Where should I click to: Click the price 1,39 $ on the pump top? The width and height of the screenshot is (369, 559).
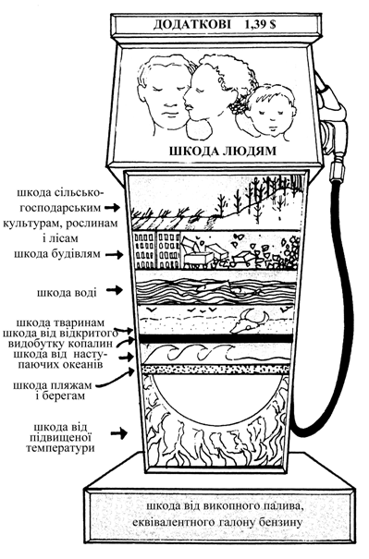click(260, 25)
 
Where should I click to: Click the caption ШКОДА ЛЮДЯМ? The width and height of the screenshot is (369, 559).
click(222, 151)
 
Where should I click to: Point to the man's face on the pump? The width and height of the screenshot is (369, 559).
click(165, 96)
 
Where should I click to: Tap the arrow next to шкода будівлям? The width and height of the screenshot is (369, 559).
click(116, 254)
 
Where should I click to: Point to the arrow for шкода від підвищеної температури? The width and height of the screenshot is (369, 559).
click(118, 433)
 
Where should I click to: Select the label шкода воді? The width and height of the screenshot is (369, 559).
click(67, 292)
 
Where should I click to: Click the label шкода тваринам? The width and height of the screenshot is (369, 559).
click(61, 322)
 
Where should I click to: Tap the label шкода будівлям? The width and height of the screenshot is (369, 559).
click(57, 254)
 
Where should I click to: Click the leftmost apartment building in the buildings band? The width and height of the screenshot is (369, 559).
click(143, 250)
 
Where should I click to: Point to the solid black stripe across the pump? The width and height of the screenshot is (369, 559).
click(216, 338)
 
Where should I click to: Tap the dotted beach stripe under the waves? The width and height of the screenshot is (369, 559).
click(216, 369)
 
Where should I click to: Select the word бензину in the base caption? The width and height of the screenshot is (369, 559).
click(281, 523)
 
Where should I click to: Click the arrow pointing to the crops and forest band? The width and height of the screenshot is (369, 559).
click(112, 207)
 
